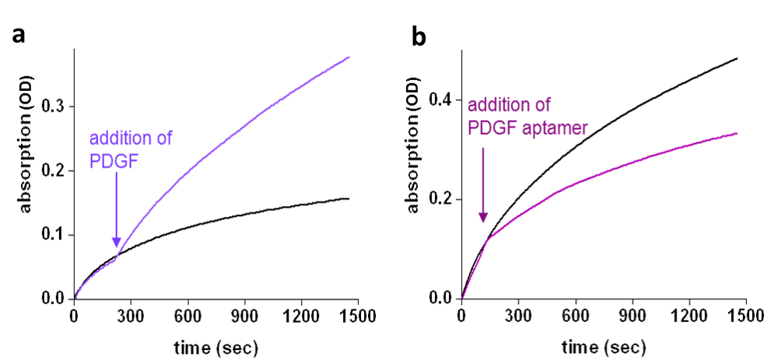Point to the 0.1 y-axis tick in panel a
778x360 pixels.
(52, 235)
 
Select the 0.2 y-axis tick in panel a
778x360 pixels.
(52, 171)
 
